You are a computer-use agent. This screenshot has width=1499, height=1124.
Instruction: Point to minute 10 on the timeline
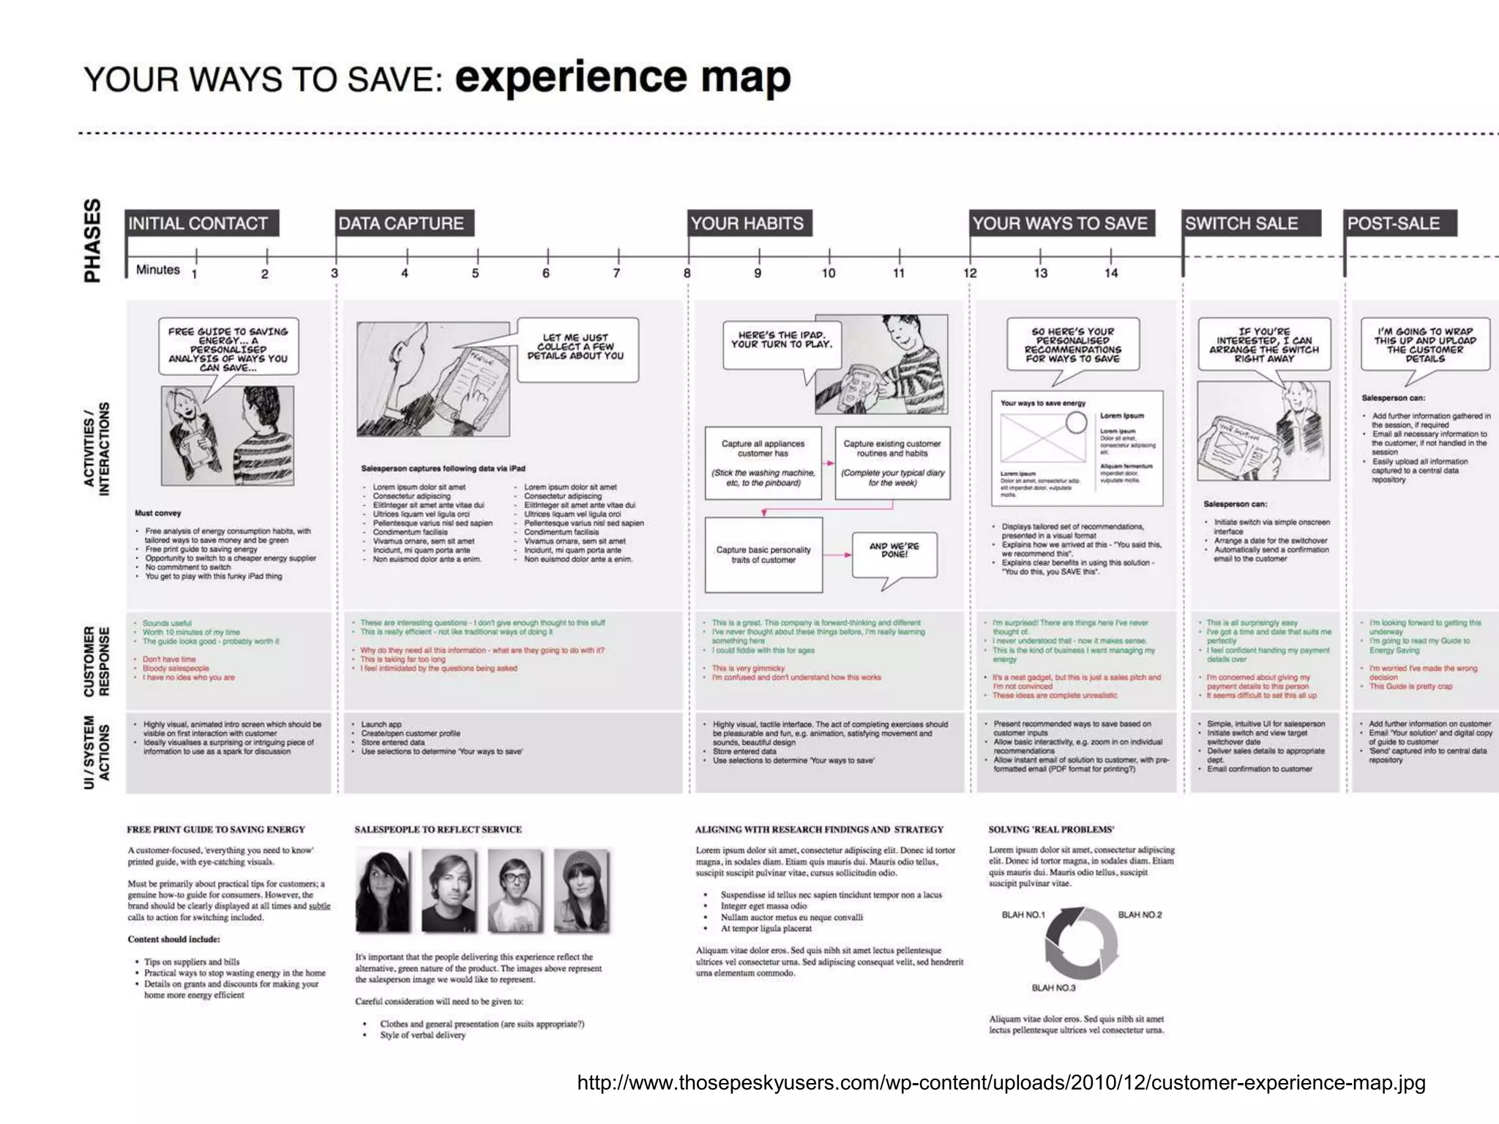point(829,273)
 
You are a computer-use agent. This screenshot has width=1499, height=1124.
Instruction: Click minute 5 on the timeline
point(476,273)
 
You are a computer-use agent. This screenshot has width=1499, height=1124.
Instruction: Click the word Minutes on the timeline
point(158,269)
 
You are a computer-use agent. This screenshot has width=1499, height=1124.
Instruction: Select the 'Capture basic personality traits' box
point(763,555)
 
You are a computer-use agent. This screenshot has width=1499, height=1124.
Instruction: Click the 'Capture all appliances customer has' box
point(763,462)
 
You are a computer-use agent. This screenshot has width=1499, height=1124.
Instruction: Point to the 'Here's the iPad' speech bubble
point(781,341)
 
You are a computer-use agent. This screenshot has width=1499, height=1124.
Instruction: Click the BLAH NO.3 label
point(1053,988)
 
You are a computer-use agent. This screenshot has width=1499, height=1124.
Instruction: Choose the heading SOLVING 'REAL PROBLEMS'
point(1051,829)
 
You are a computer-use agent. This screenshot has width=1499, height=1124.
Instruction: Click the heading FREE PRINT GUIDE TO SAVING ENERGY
point(216,829)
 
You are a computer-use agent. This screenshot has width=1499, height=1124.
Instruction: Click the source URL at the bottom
point(1001,1082)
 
